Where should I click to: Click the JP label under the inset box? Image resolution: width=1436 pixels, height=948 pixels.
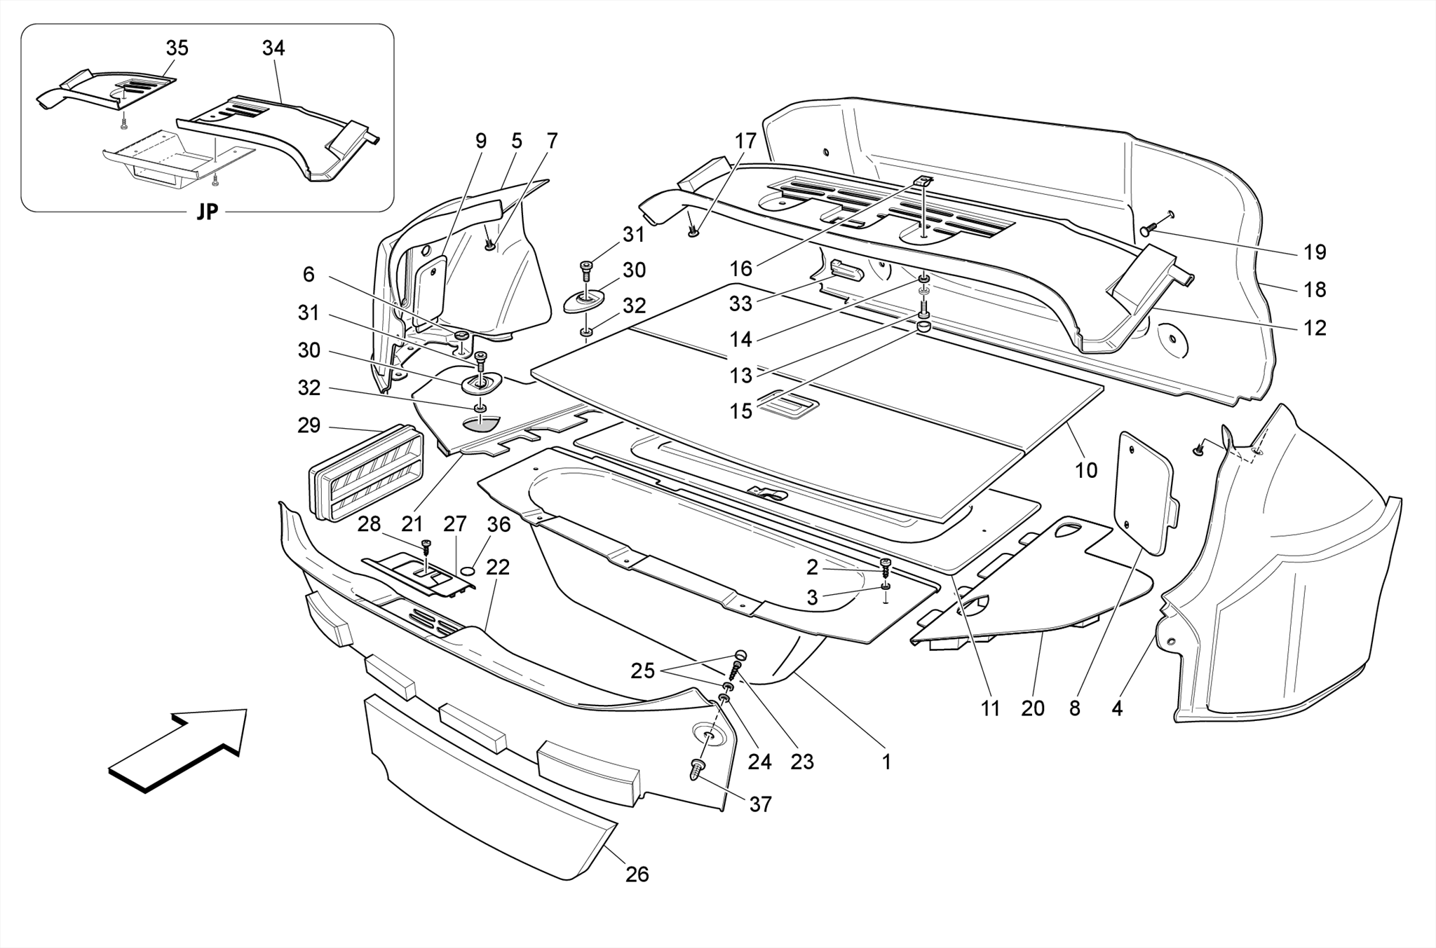coord(207,212)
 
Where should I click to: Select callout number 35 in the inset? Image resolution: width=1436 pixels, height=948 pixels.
coord(177,48)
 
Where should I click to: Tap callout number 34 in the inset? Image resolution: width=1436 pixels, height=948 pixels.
coord(273,48)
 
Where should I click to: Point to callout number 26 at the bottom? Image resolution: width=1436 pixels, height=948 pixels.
coord(637,874)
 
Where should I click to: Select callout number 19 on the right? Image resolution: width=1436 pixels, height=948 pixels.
coord(1315,252)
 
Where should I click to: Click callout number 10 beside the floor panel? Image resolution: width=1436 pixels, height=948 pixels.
coord(1085,470)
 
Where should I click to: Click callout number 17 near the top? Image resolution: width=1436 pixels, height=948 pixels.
coord(745,142)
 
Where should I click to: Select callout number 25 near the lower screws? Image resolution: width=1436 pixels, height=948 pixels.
coord(642,671)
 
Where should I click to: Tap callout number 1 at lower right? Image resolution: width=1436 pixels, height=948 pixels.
coord(886,762)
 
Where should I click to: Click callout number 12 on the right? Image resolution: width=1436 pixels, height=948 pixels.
coord(1315,328)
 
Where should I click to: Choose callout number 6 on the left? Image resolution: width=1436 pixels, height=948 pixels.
coord(309,275)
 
